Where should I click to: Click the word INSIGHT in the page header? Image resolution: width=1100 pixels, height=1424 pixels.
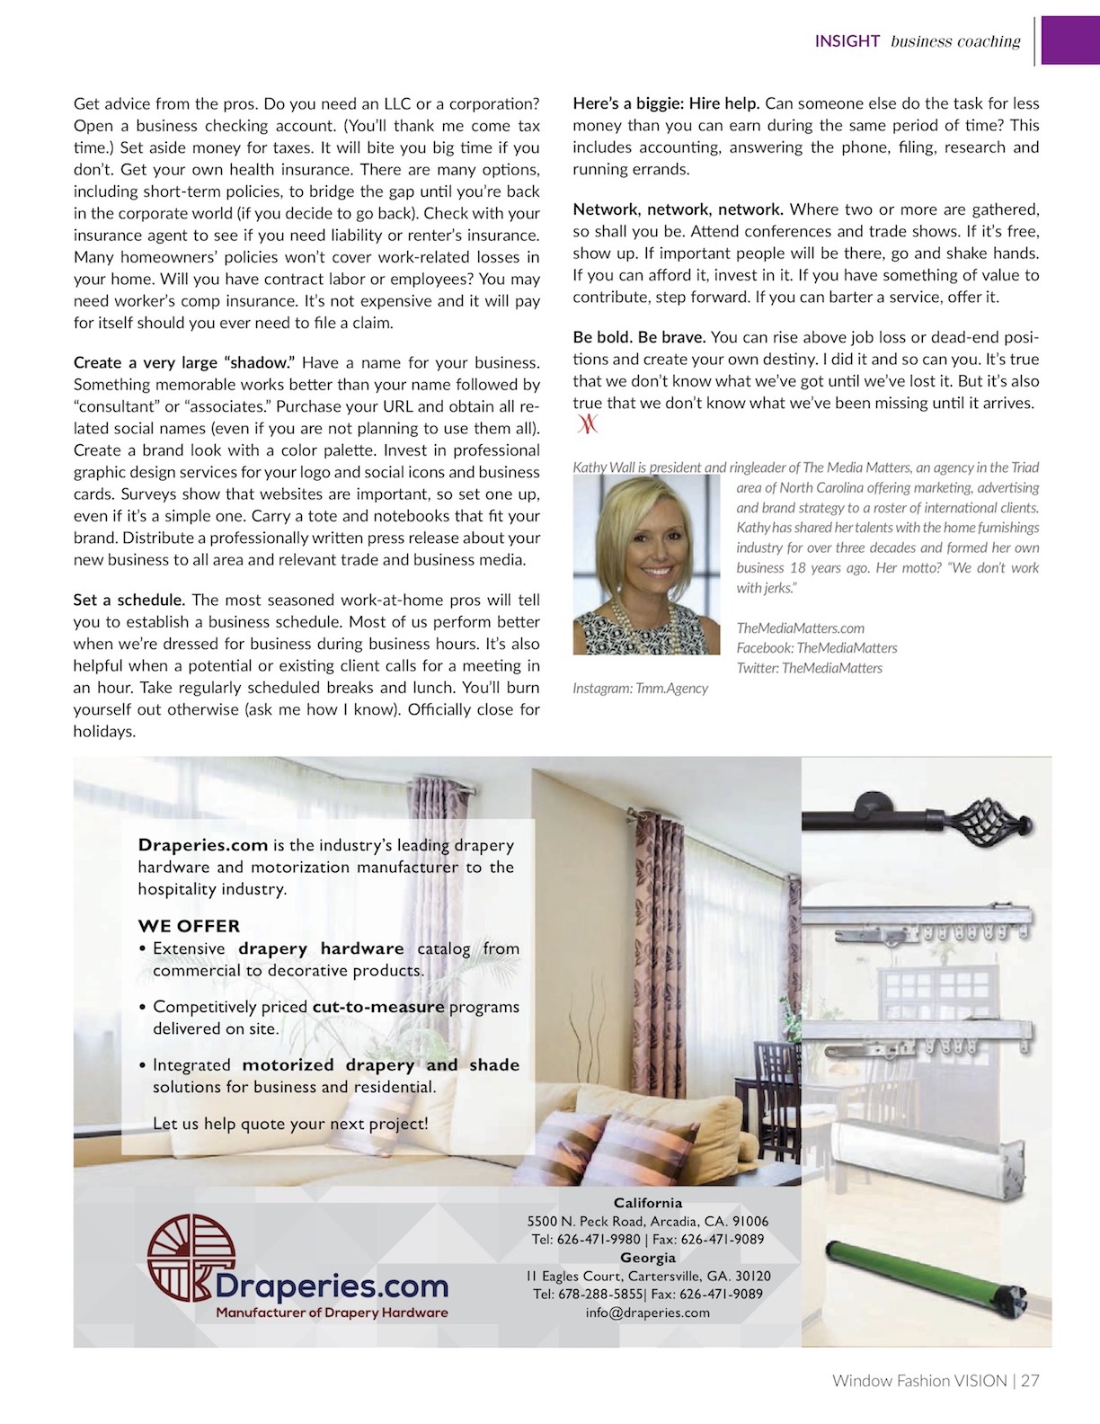(x=847, y=41)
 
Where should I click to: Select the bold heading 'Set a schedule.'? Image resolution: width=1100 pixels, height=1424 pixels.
(x=129, y=600)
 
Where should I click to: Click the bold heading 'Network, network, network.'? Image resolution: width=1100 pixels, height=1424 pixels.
(x=678, y=209)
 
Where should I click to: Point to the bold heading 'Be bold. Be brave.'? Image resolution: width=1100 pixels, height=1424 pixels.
(x=639, y=337)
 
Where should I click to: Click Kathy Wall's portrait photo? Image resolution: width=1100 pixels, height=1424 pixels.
(x=646, y=565)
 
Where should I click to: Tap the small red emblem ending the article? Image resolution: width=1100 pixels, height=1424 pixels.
(x=587, y=424)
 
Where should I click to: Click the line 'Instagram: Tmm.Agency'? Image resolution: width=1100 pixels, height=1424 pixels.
(x=640, y=689)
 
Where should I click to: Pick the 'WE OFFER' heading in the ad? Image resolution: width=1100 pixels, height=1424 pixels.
(x=189, y=926)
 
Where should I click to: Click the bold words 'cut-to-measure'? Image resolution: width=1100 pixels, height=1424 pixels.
(x=378, y=1007)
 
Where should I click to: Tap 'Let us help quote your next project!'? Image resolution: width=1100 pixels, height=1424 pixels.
(x=290, y=1124)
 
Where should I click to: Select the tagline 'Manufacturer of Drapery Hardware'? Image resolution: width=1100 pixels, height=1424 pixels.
(x=332, y=1313)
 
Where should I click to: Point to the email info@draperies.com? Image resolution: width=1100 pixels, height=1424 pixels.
(x=647, y=1313)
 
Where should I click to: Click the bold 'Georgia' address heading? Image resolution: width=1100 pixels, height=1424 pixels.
(x=647, y=1258)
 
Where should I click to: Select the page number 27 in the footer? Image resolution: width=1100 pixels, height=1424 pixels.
(x=1030, y=1381)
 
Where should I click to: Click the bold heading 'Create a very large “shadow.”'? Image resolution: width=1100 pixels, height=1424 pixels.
(x=184, y=363)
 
